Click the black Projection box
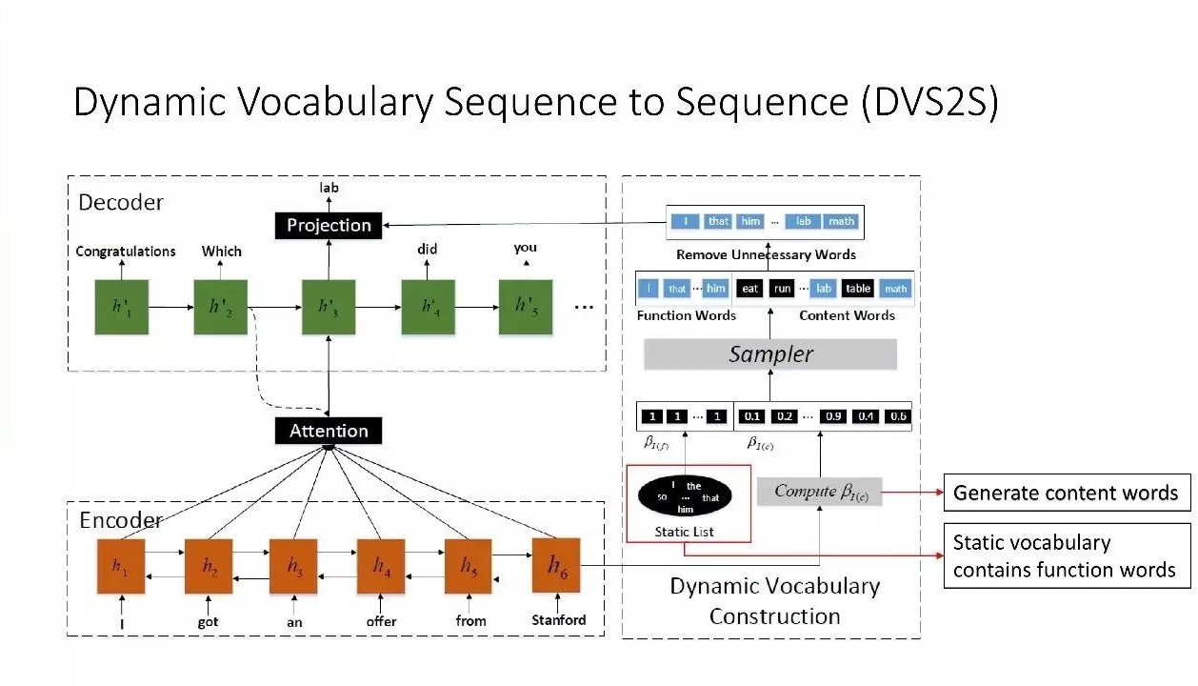tap(329, 225)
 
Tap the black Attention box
tap(329, 431)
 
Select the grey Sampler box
tap(770, 354)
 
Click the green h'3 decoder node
tap(329, 307)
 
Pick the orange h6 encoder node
tap(556, 565)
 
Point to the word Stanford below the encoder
tap(559, 620)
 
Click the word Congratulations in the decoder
tap(126, 252)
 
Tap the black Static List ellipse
tap(685, 495)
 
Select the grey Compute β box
tap(820, 492)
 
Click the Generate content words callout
tap(1066, 493)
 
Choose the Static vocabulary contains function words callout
tap(1066, 555)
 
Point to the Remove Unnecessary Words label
tap(766, 254)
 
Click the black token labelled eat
tap(750, 289)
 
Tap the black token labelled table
tap(858, 289)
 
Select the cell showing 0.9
tap(834, 416)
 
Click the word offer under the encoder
tap(381, 621)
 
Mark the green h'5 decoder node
tap(526, 307)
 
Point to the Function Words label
tap(686, 315)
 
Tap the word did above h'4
tap(427, 250)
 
